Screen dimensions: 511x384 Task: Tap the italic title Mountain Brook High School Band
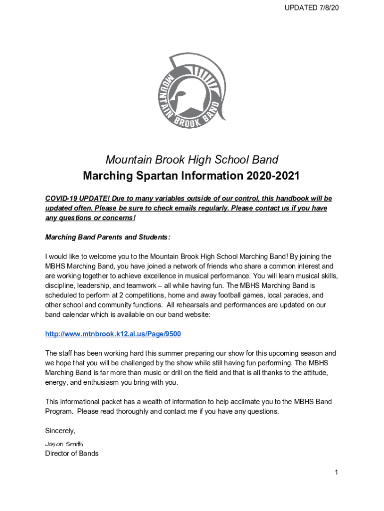pos(192,160)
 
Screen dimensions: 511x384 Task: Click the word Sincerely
pos(60,431)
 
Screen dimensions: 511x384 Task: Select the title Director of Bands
pos(72,454)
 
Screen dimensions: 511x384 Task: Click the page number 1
pos(337,473)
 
